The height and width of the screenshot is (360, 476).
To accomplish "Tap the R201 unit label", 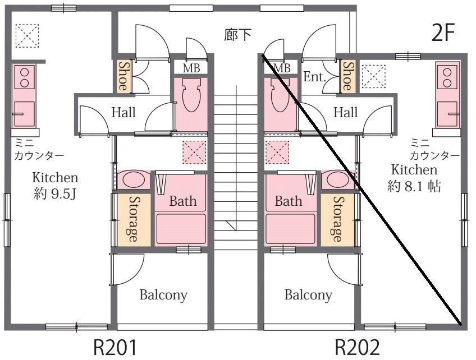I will pyautogui.click(x=115, y=348).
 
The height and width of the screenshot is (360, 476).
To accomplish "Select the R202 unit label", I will pyautogui.click(x=358, y=348).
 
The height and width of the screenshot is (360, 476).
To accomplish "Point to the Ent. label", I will pyautogui.click(x=315, y=77).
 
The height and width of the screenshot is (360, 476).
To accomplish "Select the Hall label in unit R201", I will pyautogui.click(x=123, y=113).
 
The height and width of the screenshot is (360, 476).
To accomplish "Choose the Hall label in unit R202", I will pyautogui.click(x=345, y=113).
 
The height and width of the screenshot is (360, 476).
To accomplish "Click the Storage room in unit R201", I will pyautogui.click(x=134, y=219).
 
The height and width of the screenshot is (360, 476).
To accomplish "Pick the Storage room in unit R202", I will pyautogui.click(x=338, y=219).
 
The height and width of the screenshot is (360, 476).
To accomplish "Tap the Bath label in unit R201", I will pyautogui.click(x=183, y=201).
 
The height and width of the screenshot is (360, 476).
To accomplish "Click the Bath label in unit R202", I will pyautogui.click(x=289, y=201).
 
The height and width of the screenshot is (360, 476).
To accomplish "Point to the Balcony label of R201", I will pyautogui.click(x=163, y=294).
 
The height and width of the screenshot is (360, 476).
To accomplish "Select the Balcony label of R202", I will pyautogui.click(x=308, y=294).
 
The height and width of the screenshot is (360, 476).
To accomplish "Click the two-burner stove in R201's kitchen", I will pyautogui.click(x=24, y=77).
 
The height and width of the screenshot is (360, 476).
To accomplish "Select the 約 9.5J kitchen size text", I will pyautogui.click(x=54, y=195).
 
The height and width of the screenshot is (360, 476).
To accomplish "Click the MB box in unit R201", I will pyautogui.click(x=191, y=68).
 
